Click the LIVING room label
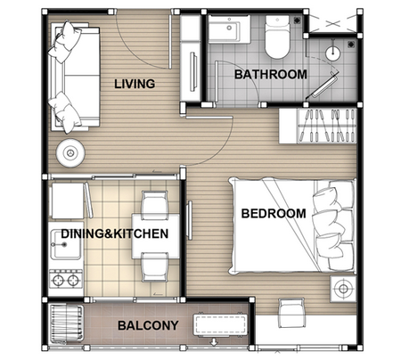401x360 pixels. (x=135, y=84)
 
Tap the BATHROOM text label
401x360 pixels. (x=271, y=74)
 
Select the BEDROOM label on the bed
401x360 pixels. (x=274, y=214)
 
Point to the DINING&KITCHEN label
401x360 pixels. (x=115, y=233)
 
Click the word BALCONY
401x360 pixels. (x=148, y=325)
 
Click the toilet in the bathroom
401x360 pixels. (x=277, y=37)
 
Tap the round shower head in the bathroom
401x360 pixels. (x=332, y=53)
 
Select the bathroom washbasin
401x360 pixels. (x=229, y=29)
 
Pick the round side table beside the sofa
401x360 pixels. (x=70, y=153)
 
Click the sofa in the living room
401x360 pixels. (x=75, y=78)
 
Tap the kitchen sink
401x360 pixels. (x=66, y=244)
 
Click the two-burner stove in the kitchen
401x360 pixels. (x=66, y=279)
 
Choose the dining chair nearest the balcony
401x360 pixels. (x=154, y=267)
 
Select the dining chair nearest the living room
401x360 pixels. (x=154, y=205)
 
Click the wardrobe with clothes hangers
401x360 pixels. (x=317, y=126)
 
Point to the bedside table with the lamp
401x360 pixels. (x=343, y=289)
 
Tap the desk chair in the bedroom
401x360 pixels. (x=291, y=314)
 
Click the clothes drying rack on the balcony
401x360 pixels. (x=66, y=323)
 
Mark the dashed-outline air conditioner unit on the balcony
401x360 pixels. (x=220, y=325)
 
